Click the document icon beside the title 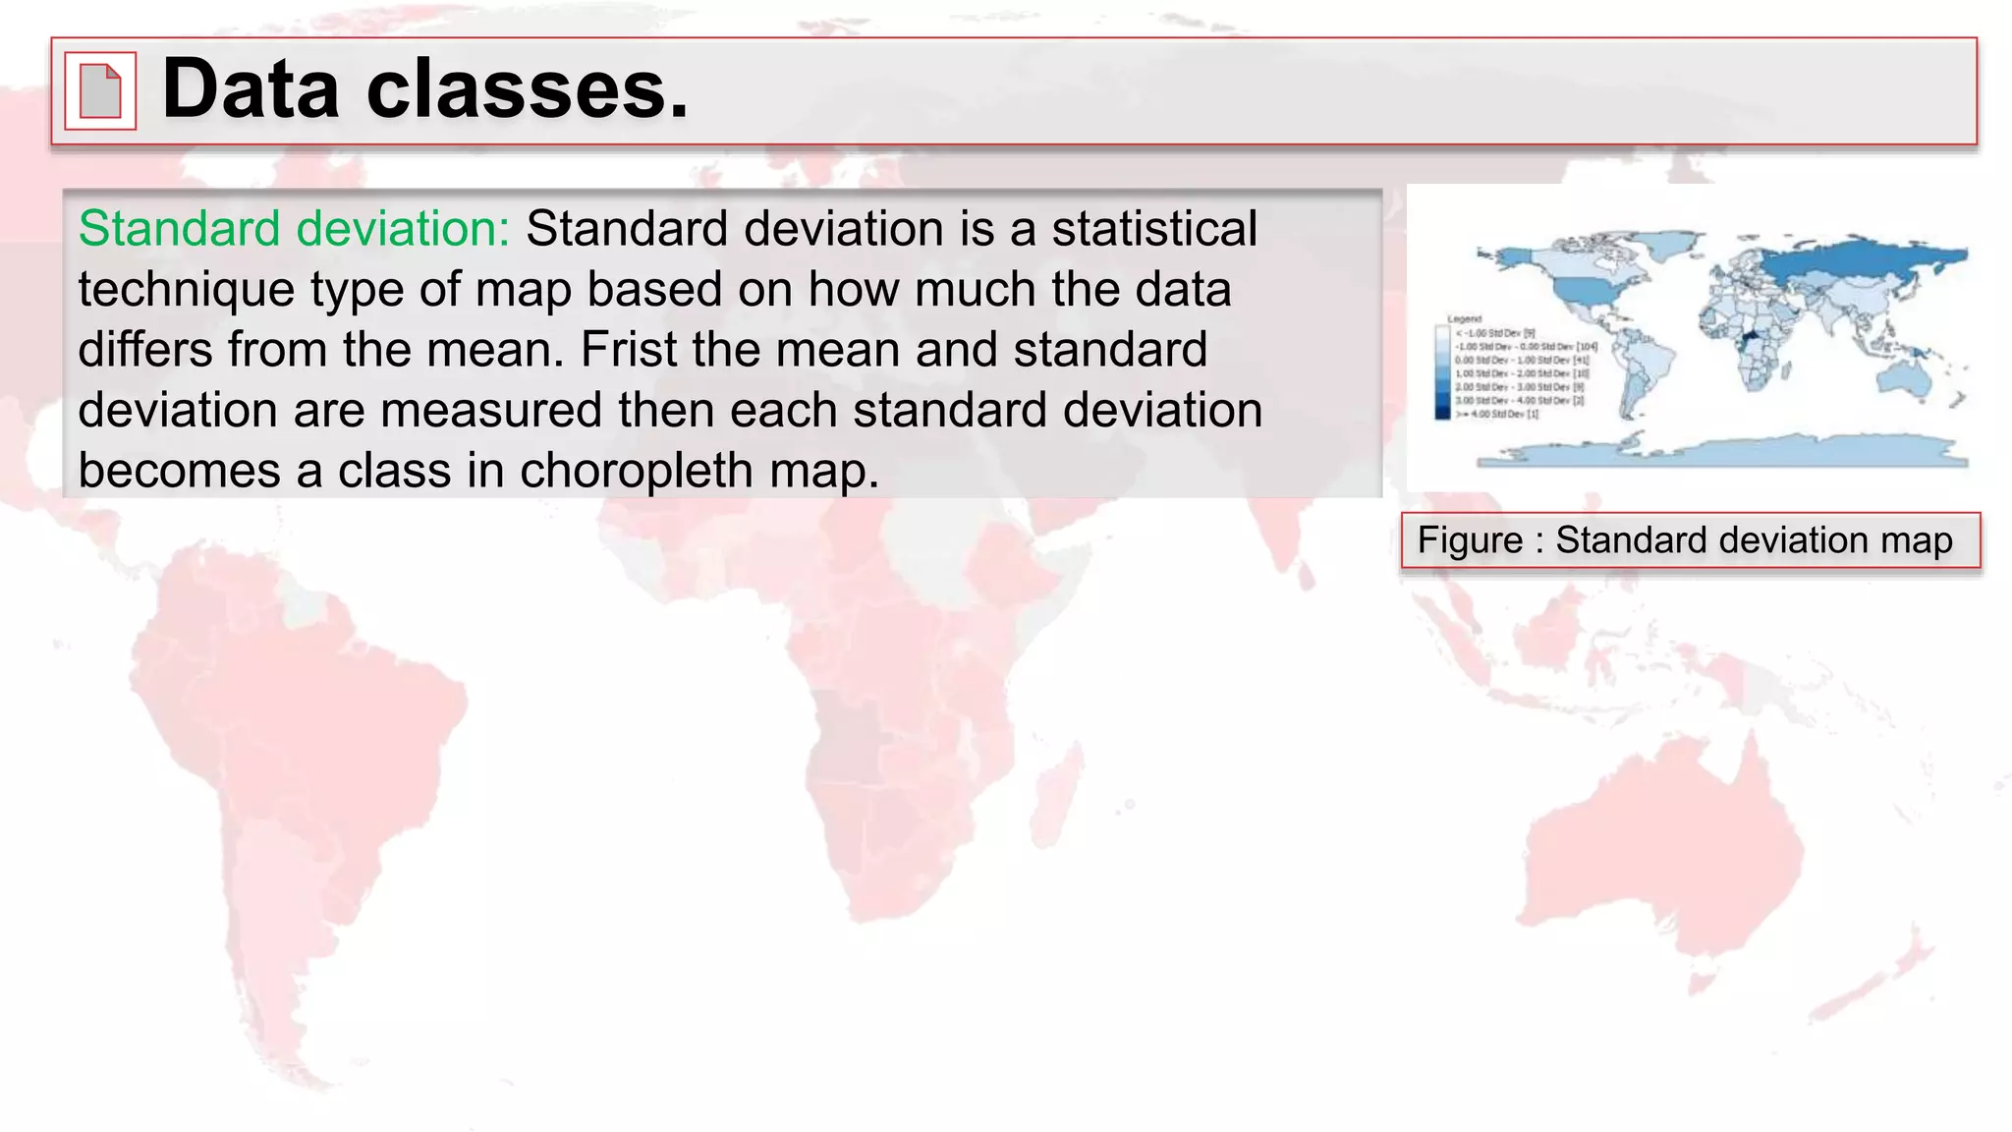point(100,90)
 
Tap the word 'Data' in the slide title point(251,90)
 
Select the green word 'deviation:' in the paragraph point(403,229)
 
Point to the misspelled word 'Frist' point(621,350)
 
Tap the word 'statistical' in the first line point(1153,229)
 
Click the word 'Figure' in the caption point(1470,540)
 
